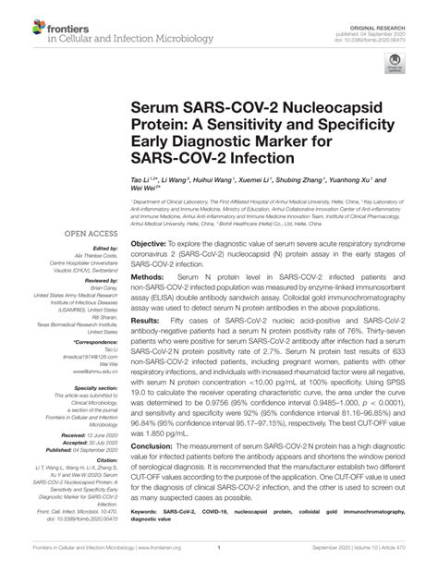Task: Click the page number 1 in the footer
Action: (x=218, y=560)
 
